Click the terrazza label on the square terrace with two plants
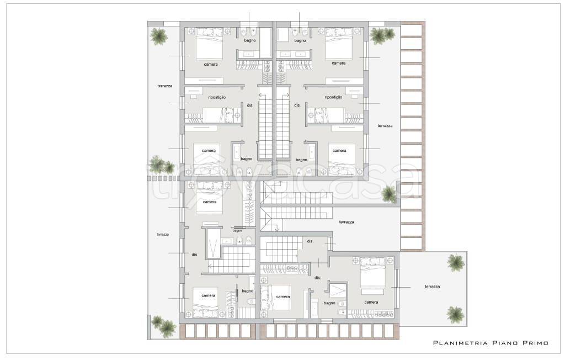[x=432, y=287]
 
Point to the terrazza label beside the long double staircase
[x=347, y=222]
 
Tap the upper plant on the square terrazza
[x=455, y=262]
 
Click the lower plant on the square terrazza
[x=455, y=315]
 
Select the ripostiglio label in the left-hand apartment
[x=217, y=97]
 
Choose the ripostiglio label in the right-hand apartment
[x=333, y=97]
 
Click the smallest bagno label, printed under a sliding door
[x=237, y=231]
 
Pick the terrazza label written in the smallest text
[x=163, y=235]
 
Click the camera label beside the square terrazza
[x=371, y=302]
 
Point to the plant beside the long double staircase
[x=389, y=194]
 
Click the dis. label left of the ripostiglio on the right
[x=297, y=105]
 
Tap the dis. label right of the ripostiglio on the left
[x=250, y=105]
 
